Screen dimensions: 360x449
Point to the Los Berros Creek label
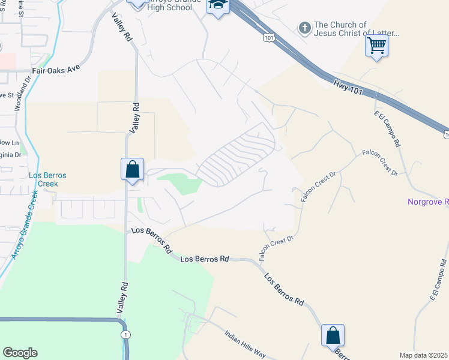click(48, 179)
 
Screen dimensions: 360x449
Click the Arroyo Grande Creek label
click(21, 229)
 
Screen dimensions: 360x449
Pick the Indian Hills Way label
click(244, 343)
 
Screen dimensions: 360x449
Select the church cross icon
click(305, 28)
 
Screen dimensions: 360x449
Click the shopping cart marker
click(376, 46)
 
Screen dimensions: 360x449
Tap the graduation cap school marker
click(218, 6)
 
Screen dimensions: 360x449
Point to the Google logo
click(20, 353)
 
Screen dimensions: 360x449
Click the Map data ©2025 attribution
click(423, 355)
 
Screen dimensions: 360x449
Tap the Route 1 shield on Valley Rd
click(125, 334)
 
